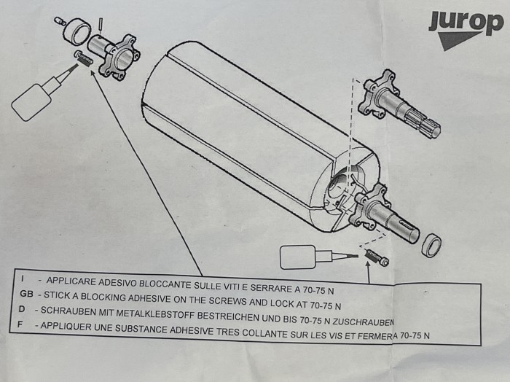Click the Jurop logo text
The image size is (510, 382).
point(466,22)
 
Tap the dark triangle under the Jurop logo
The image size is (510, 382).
point(455,39)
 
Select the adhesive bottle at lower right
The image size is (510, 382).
point(313,257)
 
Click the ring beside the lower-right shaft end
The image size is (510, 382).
point(431,246)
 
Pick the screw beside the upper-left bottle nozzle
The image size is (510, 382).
point(85,58)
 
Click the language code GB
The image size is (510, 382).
point(27,294)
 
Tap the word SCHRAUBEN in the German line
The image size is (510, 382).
point(60,311)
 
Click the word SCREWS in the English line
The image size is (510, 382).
point(227,301)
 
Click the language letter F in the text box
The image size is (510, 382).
point(20,324)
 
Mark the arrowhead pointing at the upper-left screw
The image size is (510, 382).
point(93,73)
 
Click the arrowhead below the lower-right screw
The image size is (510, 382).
point(367,265)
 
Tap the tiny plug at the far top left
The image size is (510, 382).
point(60,21)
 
